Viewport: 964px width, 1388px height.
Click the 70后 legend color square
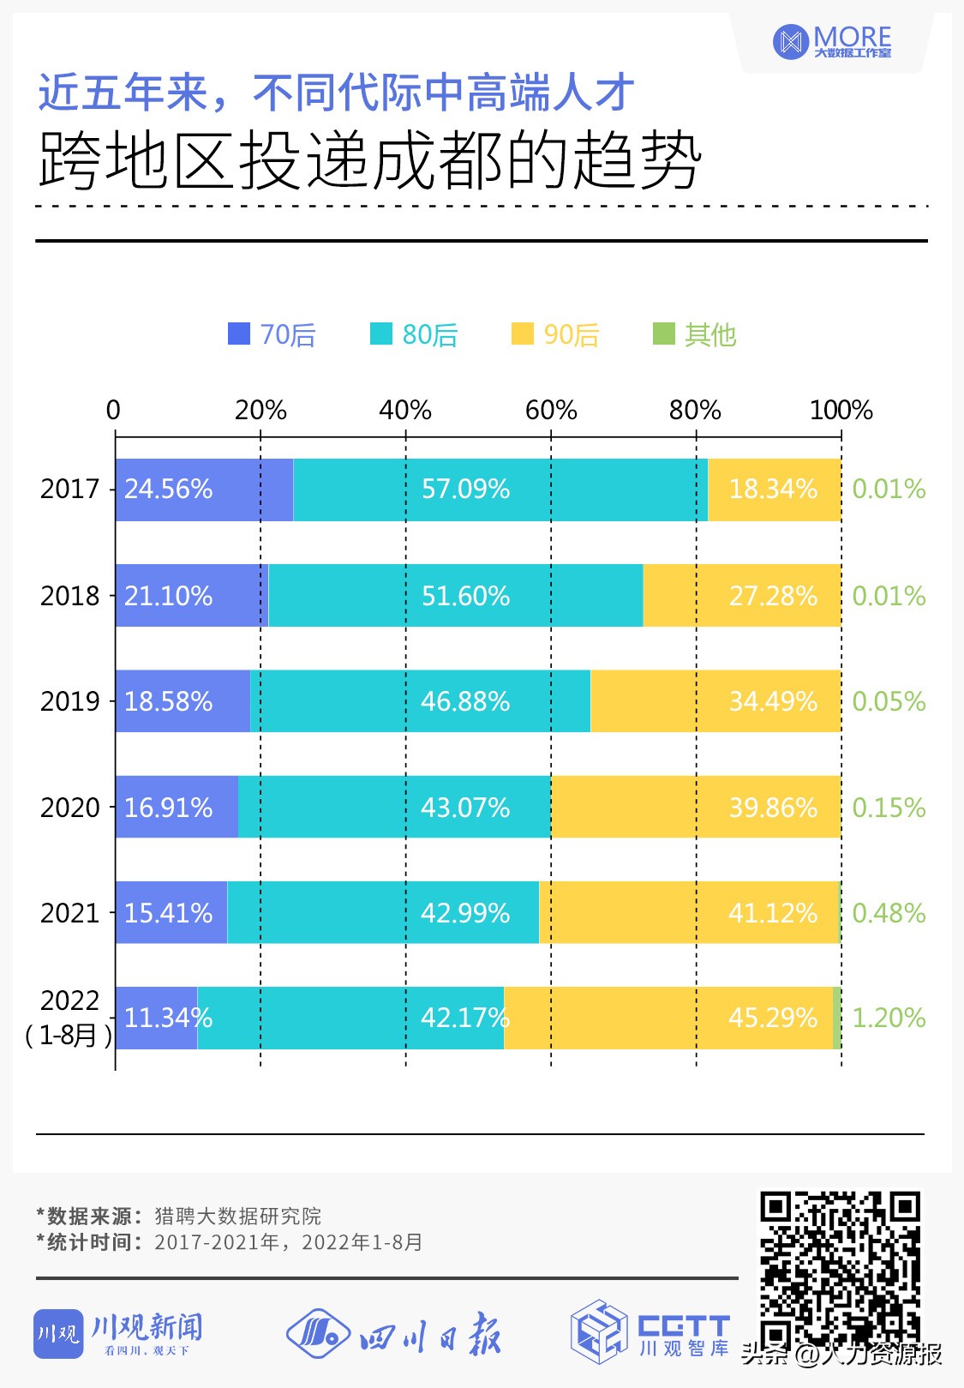pos(238,333)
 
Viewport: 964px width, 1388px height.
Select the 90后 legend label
pos(571,334)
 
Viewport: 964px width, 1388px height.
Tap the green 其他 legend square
pos(663,333)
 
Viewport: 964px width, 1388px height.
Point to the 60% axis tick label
pos(550,411)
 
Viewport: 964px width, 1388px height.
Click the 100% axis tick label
pos(840,411)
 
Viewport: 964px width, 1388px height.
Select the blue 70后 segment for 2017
pos(204,490)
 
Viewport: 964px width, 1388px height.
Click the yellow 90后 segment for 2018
pos(741,596)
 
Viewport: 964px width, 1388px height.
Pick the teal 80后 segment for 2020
pos(394,808)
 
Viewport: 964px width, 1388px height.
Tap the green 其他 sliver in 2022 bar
pos(837,1018)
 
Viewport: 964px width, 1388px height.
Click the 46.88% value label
pos(465,702)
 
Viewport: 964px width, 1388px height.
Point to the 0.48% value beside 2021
pos(889,913)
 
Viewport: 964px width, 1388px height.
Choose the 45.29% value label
pos(772,1018)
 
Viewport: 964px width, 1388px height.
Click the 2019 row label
pos(70,702)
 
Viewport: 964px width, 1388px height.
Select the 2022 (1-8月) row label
pos(69,1018)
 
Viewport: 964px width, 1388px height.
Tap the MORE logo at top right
pos(832,42)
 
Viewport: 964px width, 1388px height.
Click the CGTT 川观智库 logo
pos(650,1331)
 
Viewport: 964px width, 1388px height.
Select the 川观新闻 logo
pos(119,1334)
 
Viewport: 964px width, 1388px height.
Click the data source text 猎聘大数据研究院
pos(238,1217)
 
